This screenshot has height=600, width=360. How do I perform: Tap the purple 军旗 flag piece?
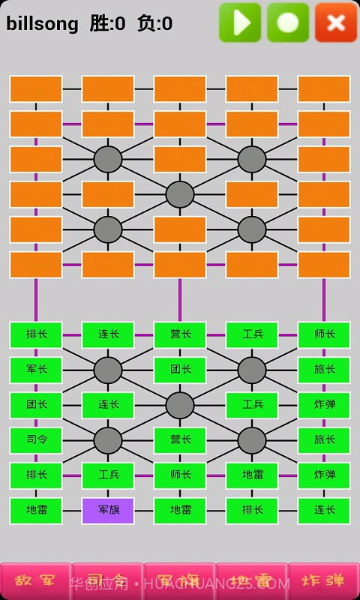point(108,511)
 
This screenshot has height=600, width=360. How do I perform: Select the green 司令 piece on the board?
point(36,440)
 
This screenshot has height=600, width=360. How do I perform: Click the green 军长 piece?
point(36,370)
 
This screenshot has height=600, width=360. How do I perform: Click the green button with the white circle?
point(288,22)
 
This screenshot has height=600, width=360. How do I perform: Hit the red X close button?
point(336,22)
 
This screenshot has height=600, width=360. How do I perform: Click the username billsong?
point(42,24)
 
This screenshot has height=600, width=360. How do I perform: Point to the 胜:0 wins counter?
point(107,24)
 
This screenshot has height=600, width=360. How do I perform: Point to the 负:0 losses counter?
point(154,24)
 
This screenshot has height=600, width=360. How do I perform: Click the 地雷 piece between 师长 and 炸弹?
point(252,475)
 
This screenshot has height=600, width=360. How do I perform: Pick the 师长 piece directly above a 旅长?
point(324,334)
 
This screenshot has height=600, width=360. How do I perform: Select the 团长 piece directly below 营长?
point(180,370)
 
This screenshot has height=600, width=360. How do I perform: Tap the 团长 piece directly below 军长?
point(36,405)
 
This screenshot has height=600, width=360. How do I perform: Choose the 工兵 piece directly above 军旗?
point(108,475)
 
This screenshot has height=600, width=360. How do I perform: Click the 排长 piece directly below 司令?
point(36,475)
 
